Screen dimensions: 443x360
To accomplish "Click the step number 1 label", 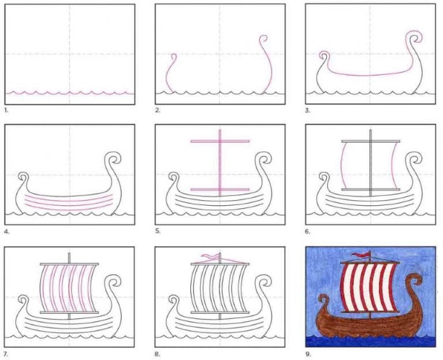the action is [x=6, y=111].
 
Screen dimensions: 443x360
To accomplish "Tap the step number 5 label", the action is [x=157, y=231].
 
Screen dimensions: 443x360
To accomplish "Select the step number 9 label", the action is [x=308, y=354].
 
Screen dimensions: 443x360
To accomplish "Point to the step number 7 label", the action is [x=6, y=354].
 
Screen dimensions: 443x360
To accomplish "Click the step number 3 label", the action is [x=308, y=111].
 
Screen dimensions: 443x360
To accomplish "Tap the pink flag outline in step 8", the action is [x=210, y=256].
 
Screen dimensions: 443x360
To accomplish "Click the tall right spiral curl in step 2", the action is [x=267, y=64].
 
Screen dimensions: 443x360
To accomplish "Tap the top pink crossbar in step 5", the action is [x=220, y=141].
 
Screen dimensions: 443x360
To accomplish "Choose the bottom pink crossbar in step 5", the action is [x=220, y=189].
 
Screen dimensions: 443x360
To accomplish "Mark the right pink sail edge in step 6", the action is [x=393, y=165].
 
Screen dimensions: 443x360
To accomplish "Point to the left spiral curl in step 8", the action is [x=174, y=300].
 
